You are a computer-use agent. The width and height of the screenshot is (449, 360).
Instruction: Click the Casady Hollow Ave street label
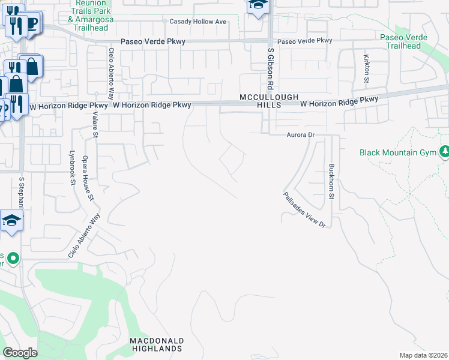click(197, 22)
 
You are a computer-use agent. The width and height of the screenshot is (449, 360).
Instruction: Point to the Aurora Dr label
click(300, 136)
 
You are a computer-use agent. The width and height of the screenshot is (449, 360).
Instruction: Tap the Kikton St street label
click(366, 68)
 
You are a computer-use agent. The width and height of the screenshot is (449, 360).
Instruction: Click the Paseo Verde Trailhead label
click(403, 41)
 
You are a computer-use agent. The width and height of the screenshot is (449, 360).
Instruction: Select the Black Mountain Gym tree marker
click(445, 152)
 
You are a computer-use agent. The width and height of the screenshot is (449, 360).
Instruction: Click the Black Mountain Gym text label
click(397, 152)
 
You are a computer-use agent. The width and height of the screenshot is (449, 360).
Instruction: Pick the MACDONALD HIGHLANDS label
click(157, 344)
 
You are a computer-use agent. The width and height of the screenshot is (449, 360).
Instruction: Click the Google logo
click(20, 353)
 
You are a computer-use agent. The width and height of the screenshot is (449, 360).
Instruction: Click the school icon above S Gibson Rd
click(258, 6)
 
